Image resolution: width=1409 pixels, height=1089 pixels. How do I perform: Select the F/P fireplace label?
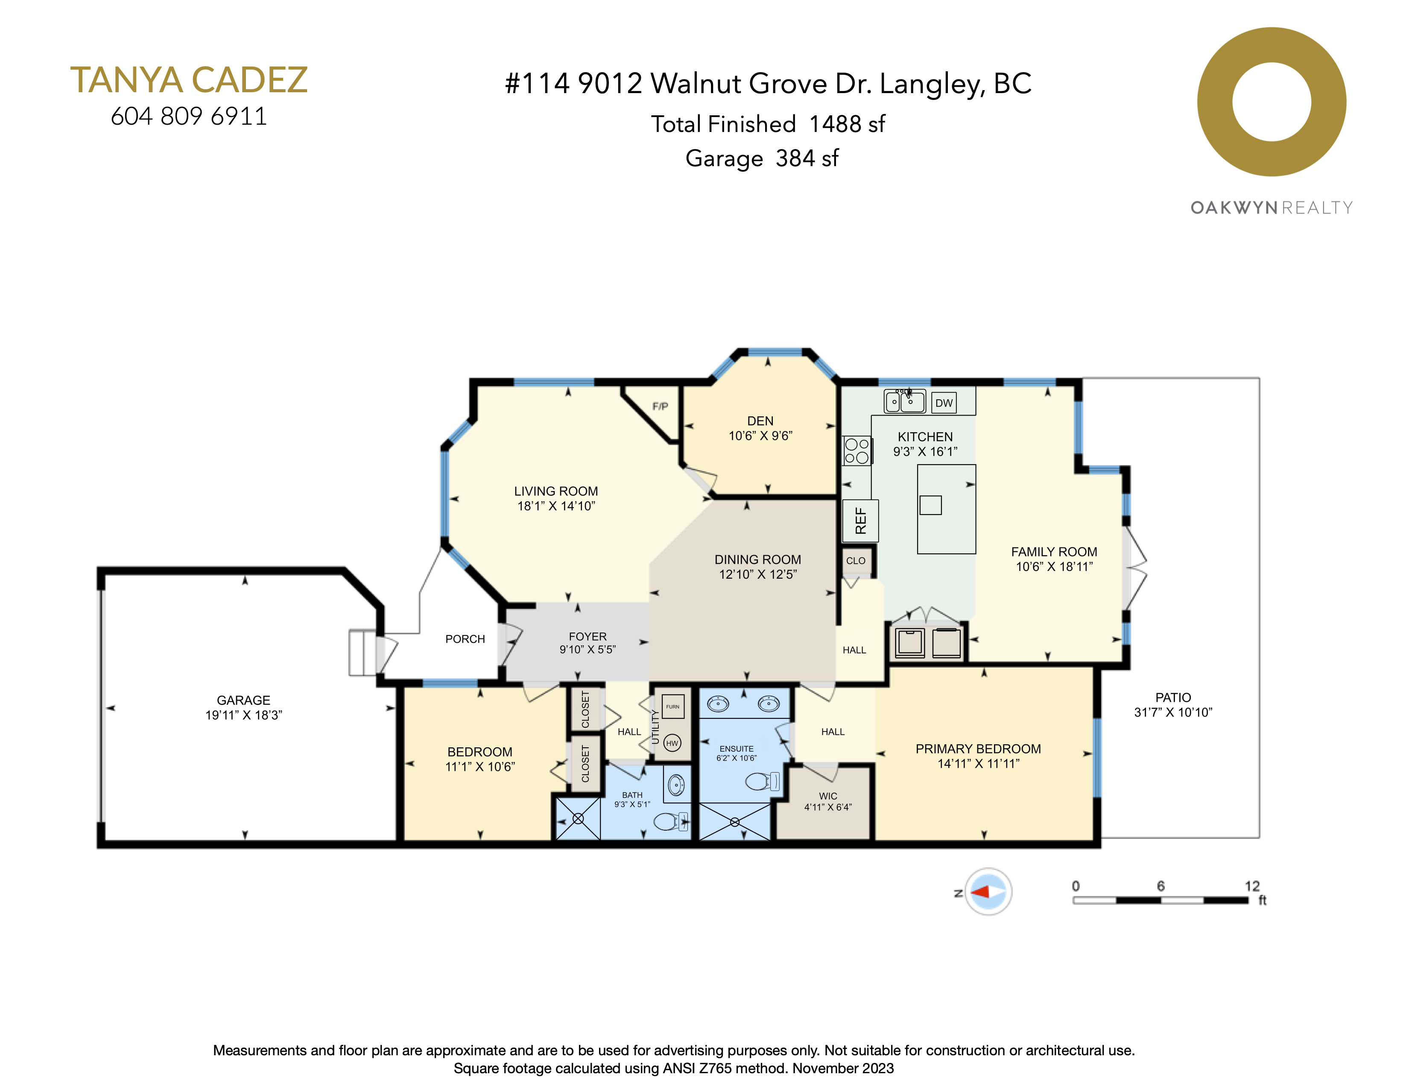pos(660,407)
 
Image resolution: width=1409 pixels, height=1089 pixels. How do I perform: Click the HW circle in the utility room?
pos(672,743)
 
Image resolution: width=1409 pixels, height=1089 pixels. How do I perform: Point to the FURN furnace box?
pos(673,707)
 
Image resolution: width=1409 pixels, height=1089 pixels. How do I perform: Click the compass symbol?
pos(988,892)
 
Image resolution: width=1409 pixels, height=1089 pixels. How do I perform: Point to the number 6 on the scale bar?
pos(1161,886)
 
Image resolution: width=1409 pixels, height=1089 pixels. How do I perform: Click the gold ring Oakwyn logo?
pos(1271,102)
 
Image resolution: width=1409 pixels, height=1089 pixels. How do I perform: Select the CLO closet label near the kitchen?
pos(856,561)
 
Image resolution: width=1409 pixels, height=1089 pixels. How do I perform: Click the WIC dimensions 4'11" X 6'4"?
pos(828,807)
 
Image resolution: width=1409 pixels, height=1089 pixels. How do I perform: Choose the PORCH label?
pos(465,639)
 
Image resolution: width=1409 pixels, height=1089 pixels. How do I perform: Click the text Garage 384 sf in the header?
pos(761,158)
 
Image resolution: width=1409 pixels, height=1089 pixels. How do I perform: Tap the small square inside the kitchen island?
pos(930,505)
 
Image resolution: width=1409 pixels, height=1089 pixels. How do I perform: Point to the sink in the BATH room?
pos(675,785)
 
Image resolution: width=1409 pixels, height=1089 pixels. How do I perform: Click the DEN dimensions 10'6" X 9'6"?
pos(760,436)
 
